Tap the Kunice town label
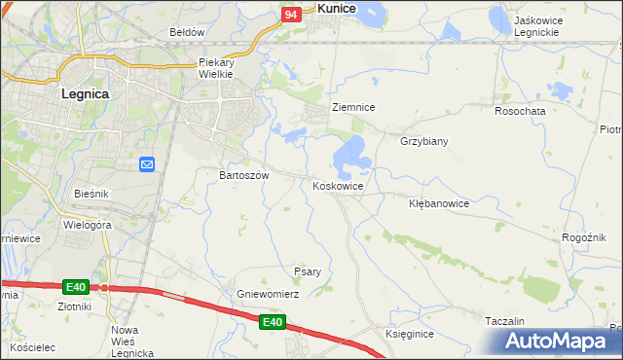[x=336, y=8]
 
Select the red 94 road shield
[x=291, y=15]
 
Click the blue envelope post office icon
[x=147, y=165]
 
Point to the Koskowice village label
[x=338, y=186]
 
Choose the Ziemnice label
[x=353, y=107]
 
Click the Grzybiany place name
[x=423, y=141]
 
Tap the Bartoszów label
[x=243, y=175]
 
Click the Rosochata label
[x=520, y=111]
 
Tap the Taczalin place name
[x=504, y=321]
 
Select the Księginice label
[x=409, y=334]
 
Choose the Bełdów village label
[x=187, y=32]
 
